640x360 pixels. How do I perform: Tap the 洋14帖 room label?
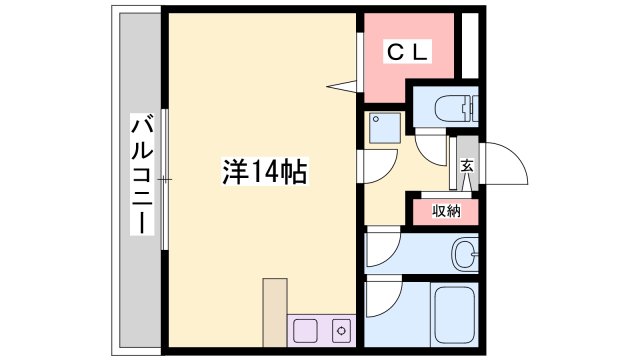(264, 173)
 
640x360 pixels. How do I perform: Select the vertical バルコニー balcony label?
(142, 176)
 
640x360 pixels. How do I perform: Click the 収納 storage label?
(446, 211)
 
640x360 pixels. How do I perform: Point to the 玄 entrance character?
(466, 168)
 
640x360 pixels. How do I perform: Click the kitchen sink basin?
(305, 329)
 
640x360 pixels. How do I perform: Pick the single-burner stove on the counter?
(340, 329)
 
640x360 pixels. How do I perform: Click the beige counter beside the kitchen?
(275, 310)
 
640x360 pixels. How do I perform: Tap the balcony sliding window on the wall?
(167, 179)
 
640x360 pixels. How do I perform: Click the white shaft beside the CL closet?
(469, 44)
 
